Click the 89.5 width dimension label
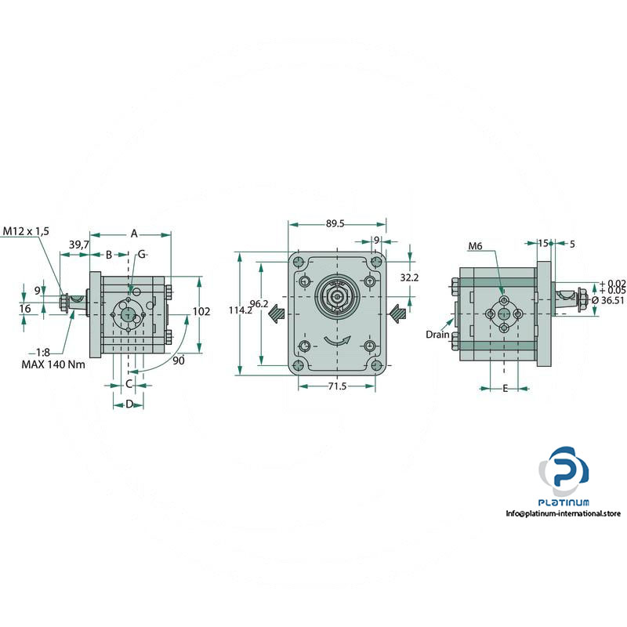click(335, 224)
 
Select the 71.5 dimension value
click(337, 386)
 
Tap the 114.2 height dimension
click(241, 310)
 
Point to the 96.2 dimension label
click(259, 304)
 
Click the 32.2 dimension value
click(409, 277)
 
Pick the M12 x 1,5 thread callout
click(26, 231)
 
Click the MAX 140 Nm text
click(53, 364)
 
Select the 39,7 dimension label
click(79, 245)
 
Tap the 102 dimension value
click(201, 311)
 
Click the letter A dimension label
click(134, 234)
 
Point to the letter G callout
click(142, 254)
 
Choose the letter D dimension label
click(129, 404)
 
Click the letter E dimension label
click(505, 388)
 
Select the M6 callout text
click(475, 246)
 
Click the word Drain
click(437, 335)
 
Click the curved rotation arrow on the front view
click(337, 341)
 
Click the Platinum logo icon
click(564, 472)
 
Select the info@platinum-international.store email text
click(563, 513)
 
